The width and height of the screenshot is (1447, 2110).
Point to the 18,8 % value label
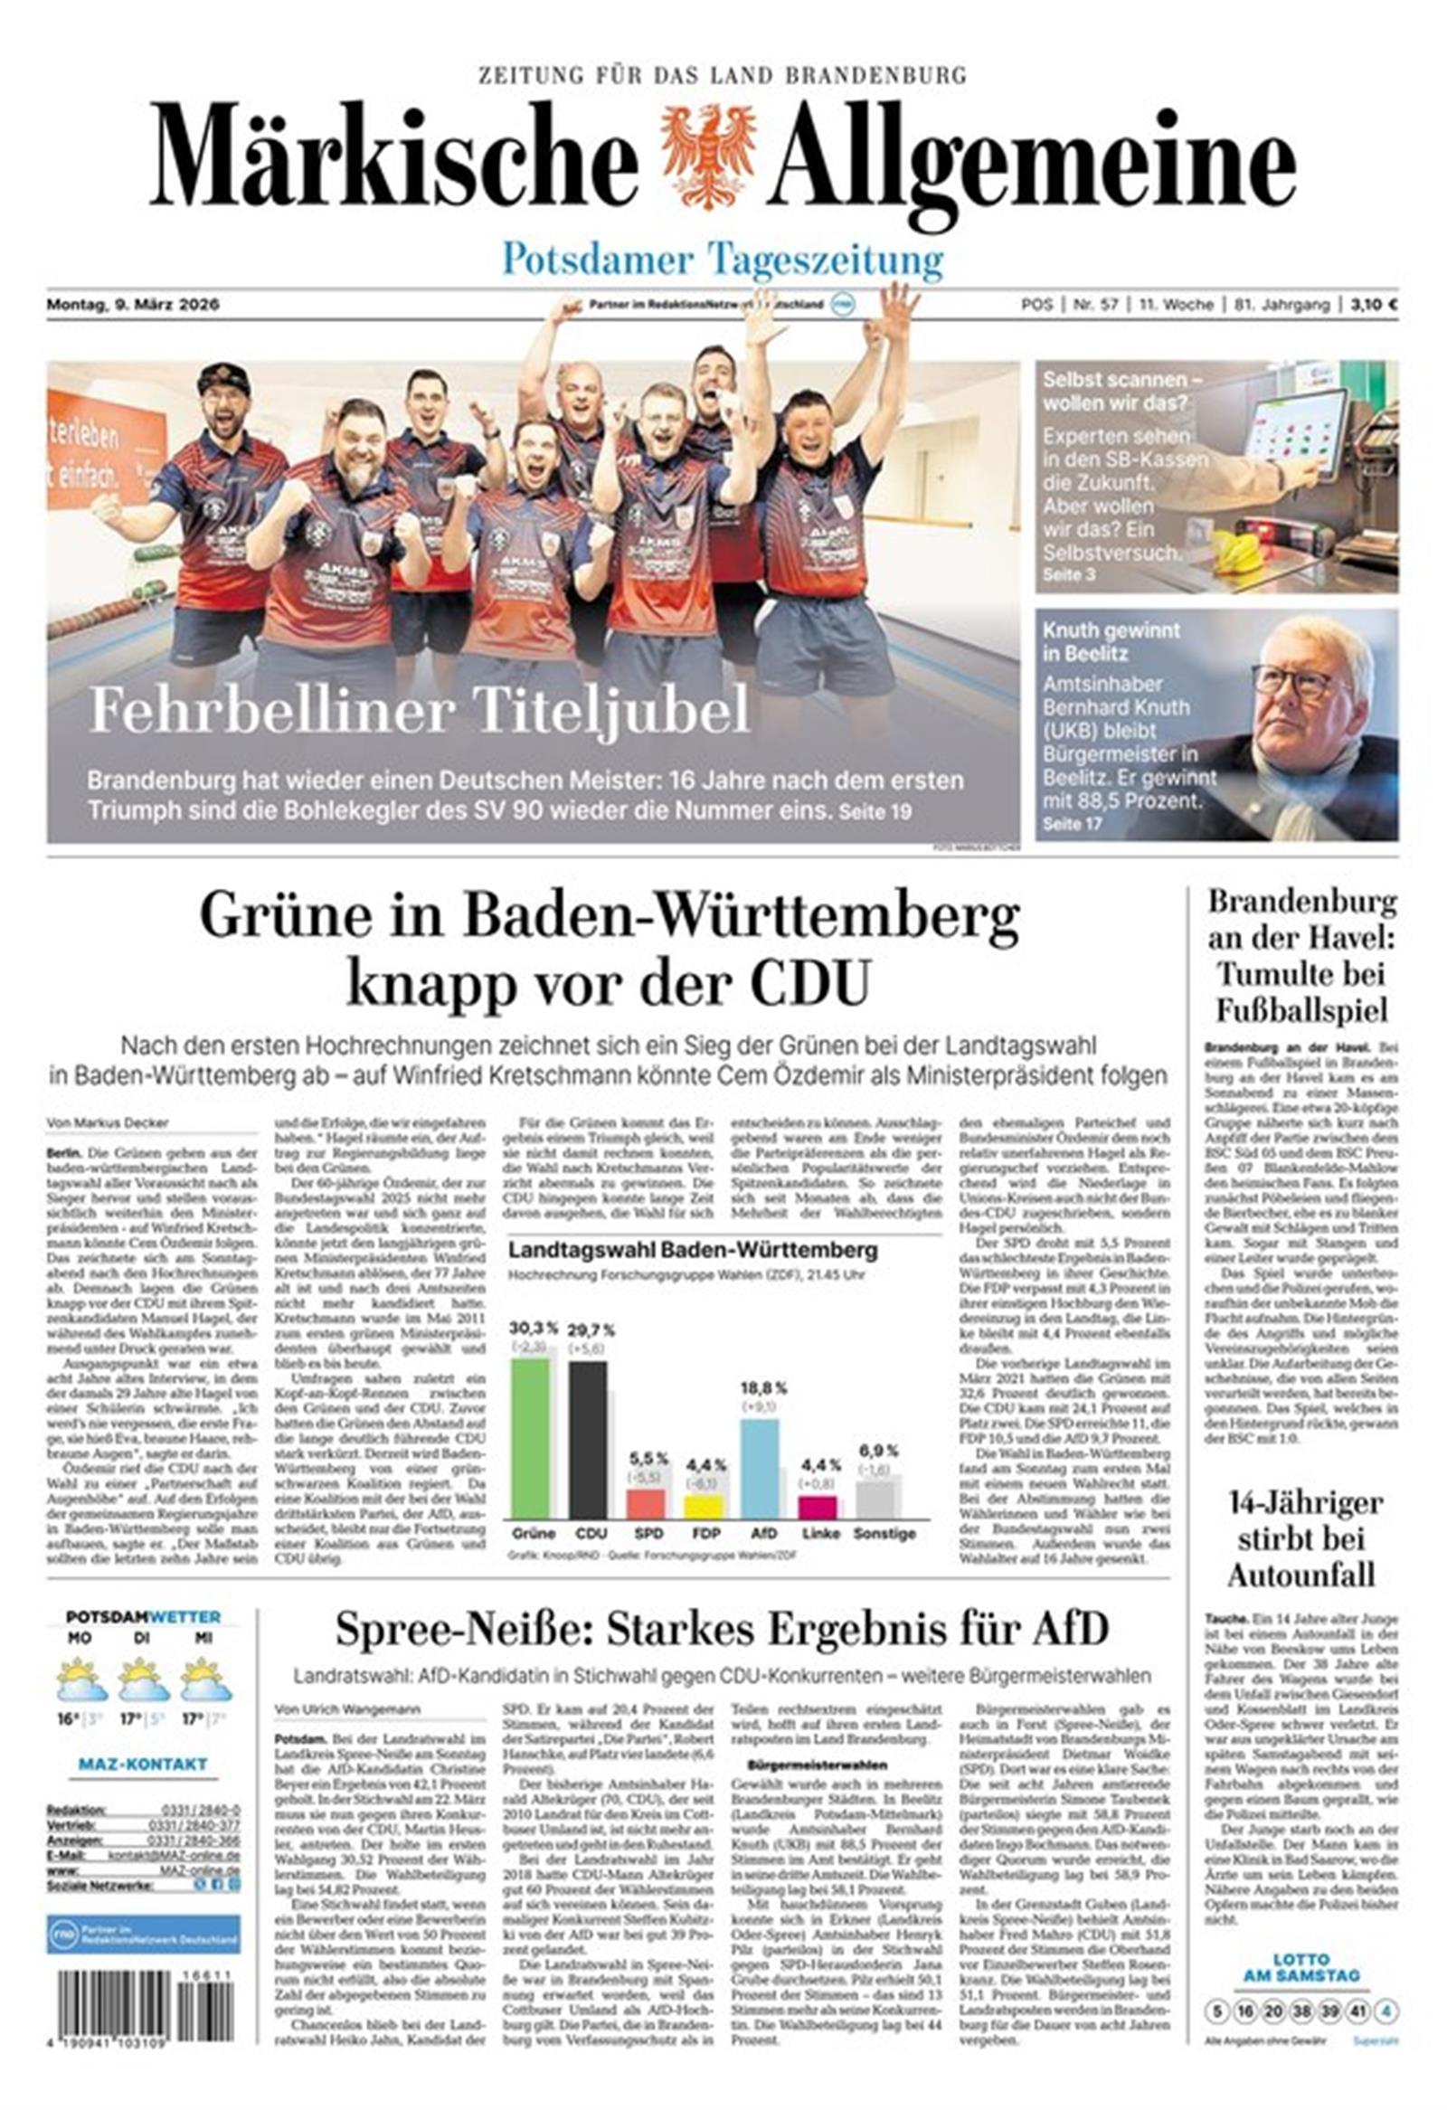click(763, 1388)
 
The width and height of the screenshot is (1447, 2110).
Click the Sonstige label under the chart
click(884, 1533)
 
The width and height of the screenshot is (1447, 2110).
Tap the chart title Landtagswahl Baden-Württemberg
click(693, 1250)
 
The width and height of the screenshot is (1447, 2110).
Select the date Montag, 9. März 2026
click(134, 305)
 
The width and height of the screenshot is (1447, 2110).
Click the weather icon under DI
click(144, 1679)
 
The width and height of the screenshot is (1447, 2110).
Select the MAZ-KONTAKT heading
click(143, 1765)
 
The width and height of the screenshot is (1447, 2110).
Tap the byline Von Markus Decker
click(108, 1123)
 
